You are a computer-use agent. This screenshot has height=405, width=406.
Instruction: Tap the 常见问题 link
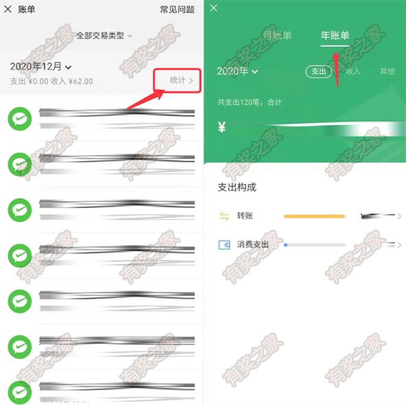[177, 10]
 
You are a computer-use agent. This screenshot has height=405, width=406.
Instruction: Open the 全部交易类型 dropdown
[104, 35]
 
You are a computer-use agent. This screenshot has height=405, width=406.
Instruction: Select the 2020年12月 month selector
[41, 67]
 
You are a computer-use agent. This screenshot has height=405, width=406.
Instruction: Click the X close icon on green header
[214, 8]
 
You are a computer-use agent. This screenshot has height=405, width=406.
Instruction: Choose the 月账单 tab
[277, 36]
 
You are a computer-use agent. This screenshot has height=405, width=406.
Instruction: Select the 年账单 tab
[335, 36]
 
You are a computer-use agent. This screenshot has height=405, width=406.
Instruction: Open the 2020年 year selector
[237, 71]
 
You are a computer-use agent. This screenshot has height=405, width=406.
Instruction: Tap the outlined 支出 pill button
[318, 71]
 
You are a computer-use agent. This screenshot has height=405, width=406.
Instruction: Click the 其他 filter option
[387, 71]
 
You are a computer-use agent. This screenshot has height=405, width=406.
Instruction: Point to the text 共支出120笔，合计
[250, 102]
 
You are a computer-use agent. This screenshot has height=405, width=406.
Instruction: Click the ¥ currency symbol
[222, 127]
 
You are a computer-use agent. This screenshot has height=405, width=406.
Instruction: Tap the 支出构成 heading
[237, 187]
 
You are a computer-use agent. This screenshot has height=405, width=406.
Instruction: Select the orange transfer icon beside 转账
[224, 216]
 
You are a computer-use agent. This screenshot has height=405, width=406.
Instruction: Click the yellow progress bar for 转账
[314, 216]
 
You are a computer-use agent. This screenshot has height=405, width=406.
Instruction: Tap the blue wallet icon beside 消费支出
[224, 244]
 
